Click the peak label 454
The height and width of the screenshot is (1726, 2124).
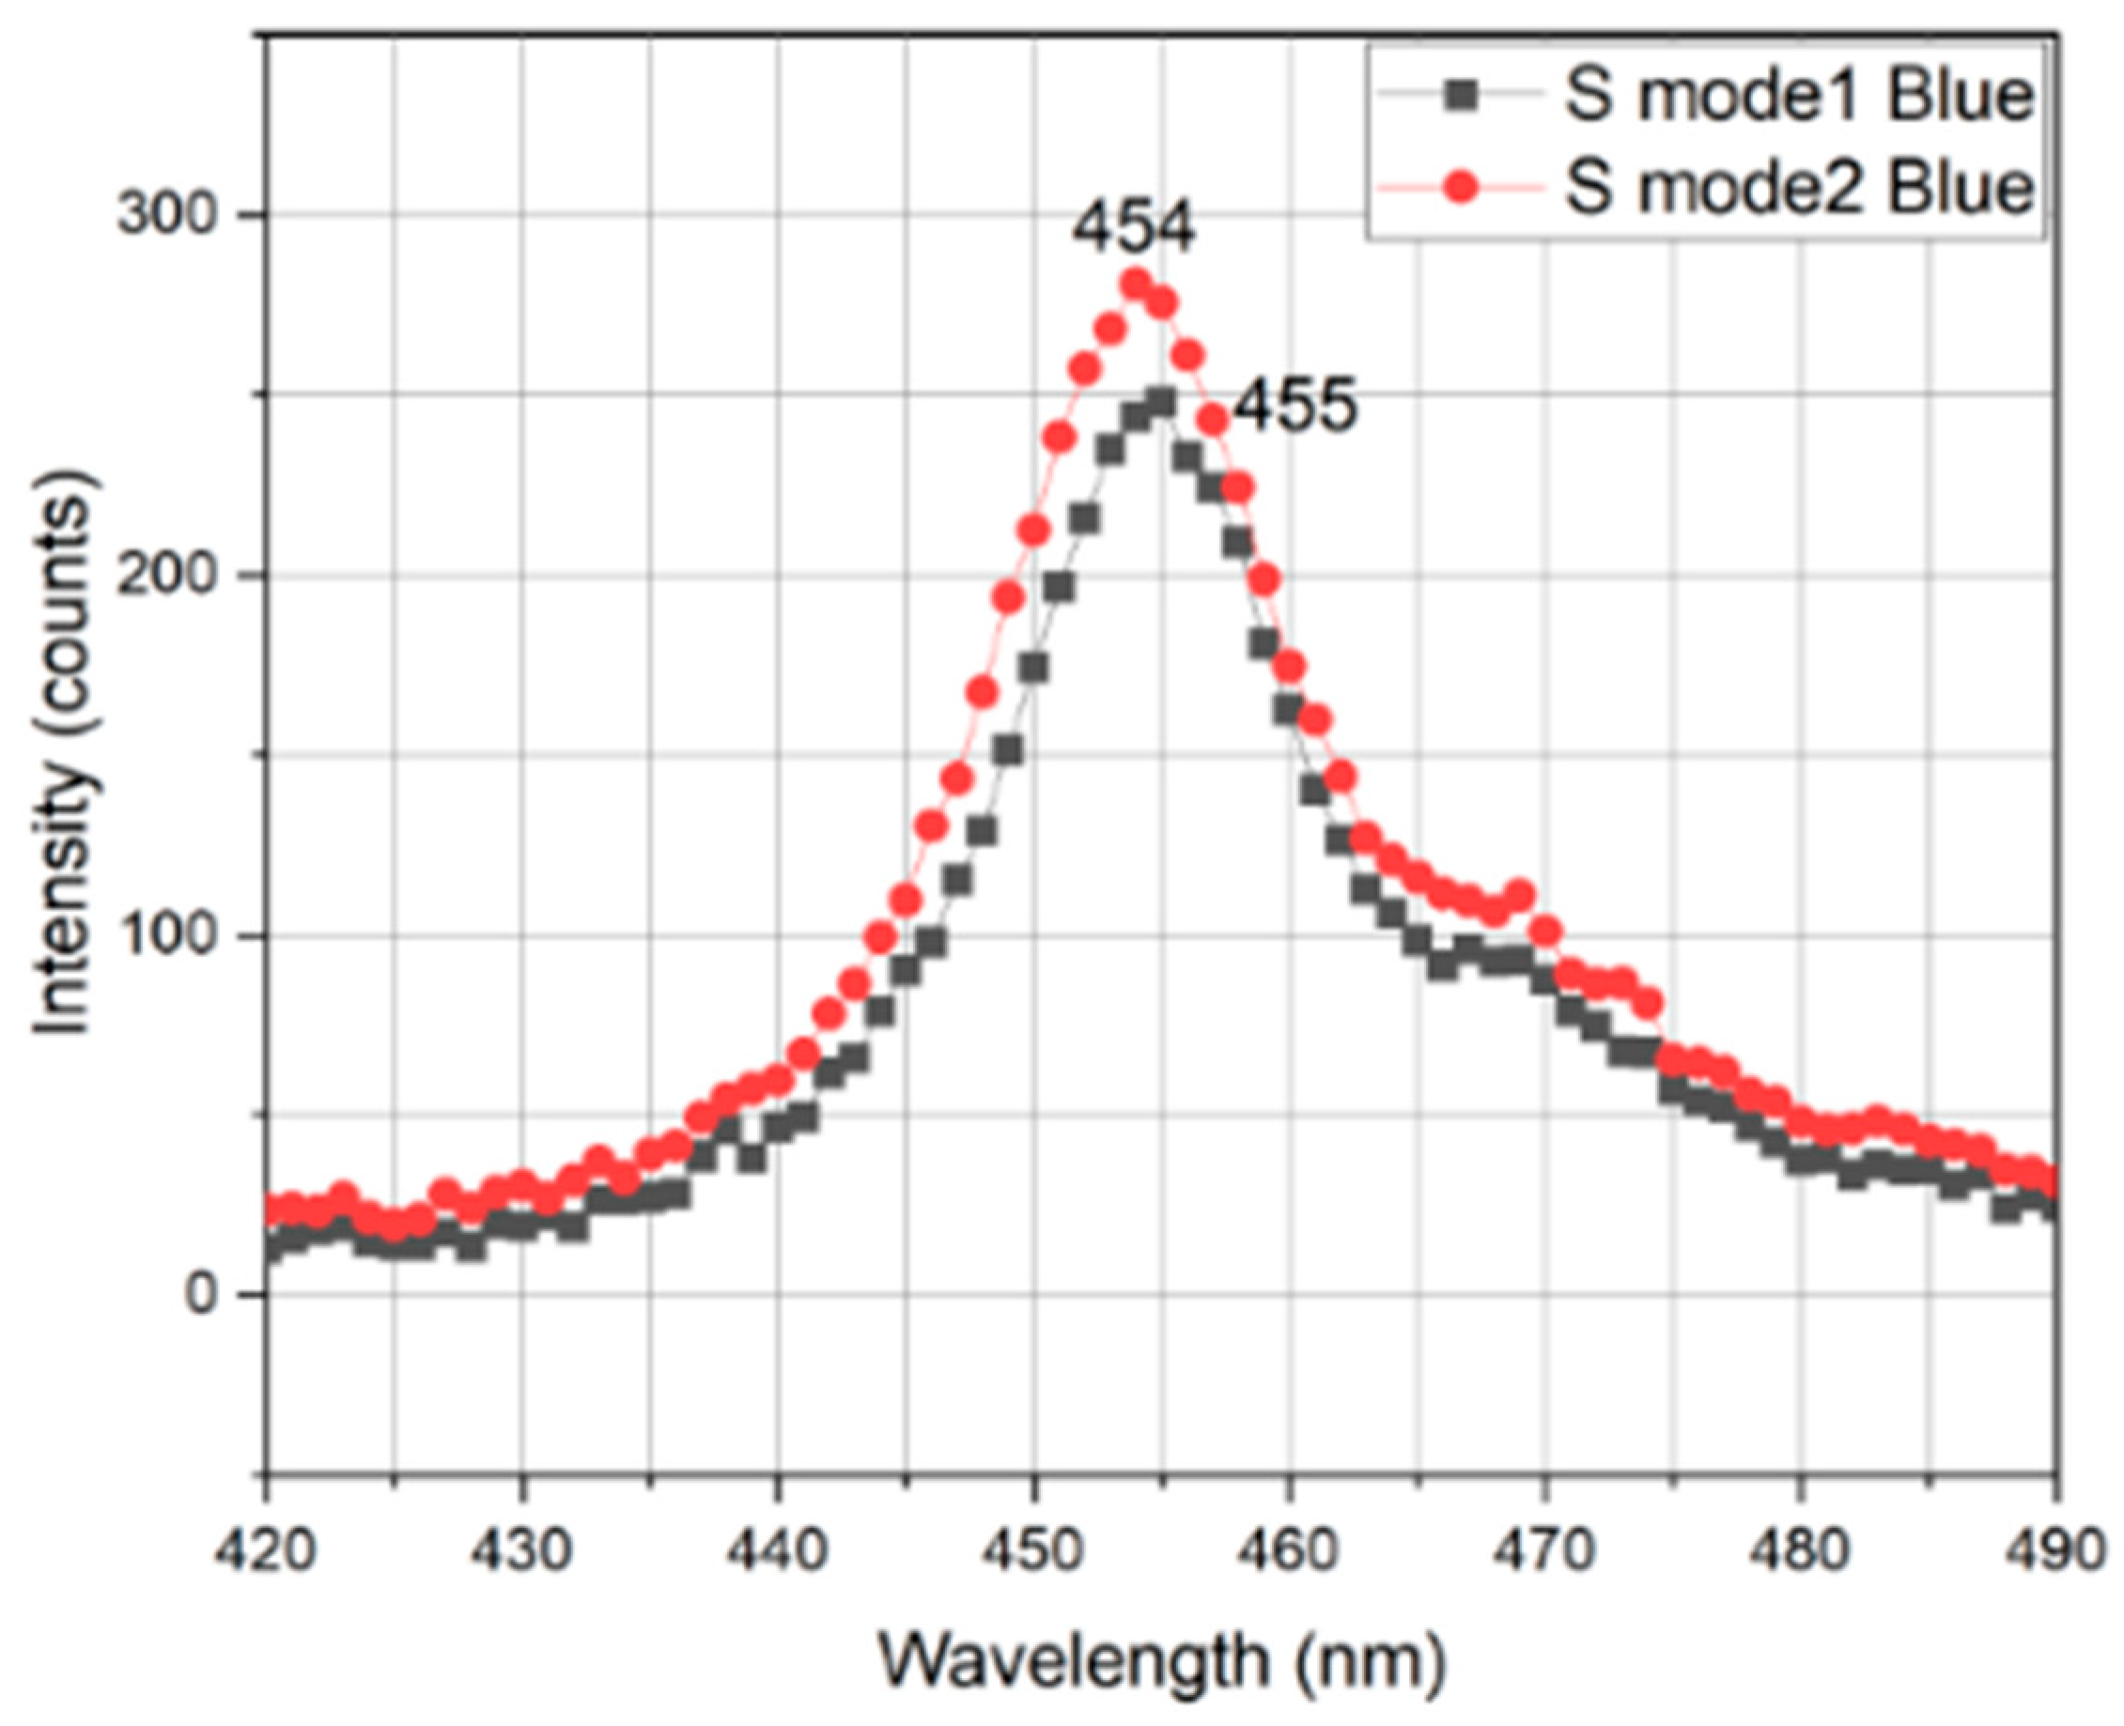(x=1133, y=227)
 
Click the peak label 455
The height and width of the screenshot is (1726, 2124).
(x=1294, y=407)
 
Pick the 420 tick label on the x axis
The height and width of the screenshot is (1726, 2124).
(x=266, y=1551)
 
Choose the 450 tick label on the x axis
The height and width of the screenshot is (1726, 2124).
(x=1034, y=1551)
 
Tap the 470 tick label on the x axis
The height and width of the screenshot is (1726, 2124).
(x=1544, y=1551)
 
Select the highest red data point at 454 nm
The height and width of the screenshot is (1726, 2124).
(x=1136, y=285)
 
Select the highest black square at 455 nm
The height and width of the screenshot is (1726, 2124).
(x=1161, y=403)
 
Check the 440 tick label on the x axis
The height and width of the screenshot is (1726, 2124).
(x=779, y=1551)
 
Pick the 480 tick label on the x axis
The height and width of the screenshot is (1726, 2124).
(x=1799, y=1551)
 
